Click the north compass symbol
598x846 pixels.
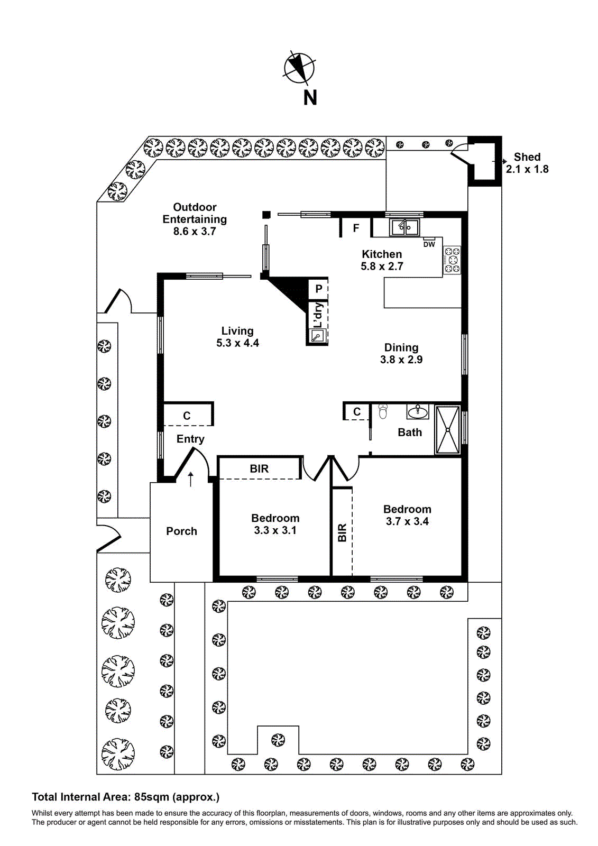pyautogui.click(x=299, y=69)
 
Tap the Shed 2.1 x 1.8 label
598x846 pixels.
pyautogui.click(x=527, y=163)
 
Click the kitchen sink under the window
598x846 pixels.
pyautogui.click(x=404, y=228)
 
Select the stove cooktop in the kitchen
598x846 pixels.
pyautogui.click(x=452, y=260)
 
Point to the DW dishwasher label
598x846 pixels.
pyautogui.click(x=429, y=244)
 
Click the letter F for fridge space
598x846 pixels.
pyautogui.click(x=356, y=228)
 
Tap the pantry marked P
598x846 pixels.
pyautogui.click(x=318, y=289)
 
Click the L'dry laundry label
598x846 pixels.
pyautogui.click(x=318, y=316)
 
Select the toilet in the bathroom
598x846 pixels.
pyautogui.click(x=383, y=411)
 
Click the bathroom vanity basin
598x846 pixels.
pyautogui.click(x=418, y=411)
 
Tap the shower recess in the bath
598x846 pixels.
pyautogui.click(x=447, y=429)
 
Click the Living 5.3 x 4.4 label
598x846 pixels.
pyautogui.click(x=237, y=337)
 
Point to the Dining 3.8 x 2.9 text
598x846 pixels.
pyautogui.click(x=401, y=353)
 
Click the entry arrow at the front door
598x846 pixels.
pyautogui.click(x=191, y=479)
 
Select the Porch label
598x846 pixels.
pyautogui.click(x=181, y=531)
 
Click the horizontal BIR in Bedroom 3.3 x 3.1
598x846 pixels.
pyautogui.click(x=259, y=468)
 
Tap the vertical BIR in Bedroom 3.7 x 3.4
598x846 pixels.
pyautogui.click(x=342, y=532)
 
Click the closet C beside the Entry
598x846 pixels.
pyautogui.click(x=187, y=416)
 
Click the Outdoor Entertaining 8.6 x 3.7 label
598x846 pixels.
pyautogui.click(x=195, y=219)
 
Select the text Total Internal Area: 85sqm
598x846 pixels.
pyautogui.click(x=125, y=797)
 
